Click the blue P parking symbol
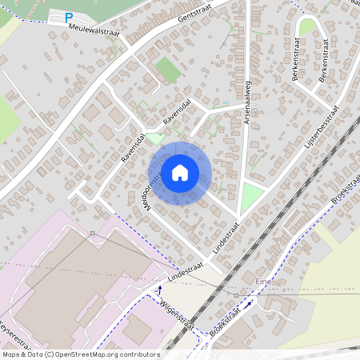(x=69, y=17)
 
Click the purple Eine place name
(x=263, y=282)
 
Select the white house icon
(x=180, y=173)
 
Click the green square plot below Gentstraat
(x=168, y=69)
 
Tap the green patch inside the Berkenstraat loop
(x=307, y=27)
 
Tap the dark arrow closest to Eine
(x=249, y=305)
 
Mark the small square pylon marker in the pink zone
(x=92, y=233)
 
